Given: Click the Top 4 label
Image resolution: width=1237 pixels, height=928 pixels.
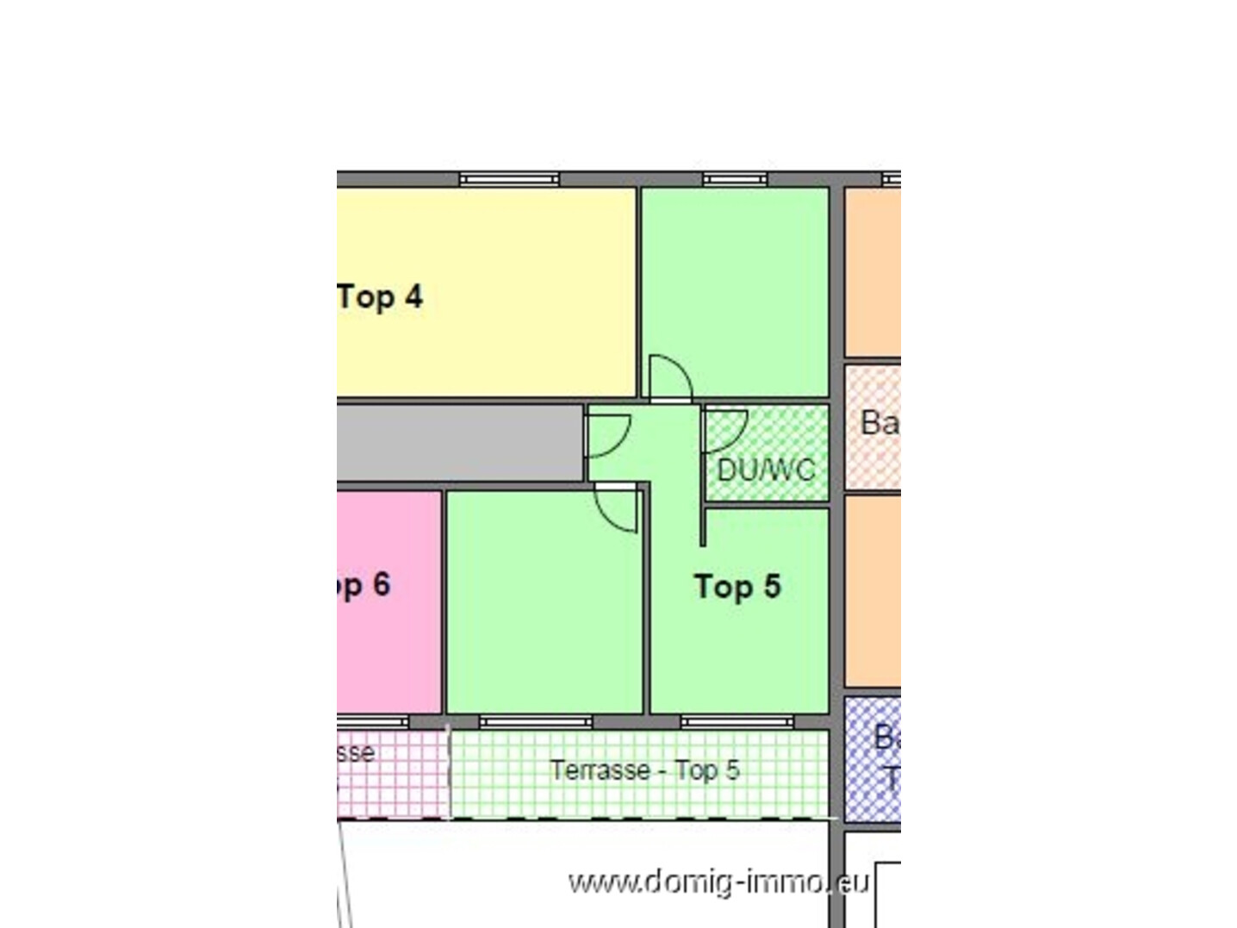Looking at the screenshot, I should point(380,296).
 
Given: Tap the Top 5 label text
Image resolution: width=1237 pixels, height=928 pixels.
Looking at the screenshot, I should point(737,587).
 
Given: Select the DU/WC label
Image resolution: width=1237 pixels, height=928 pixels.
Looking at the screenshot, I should point(765,470).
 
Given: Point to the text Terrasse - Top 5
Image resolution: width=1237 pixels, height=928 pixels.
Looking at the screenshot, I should point(644,769).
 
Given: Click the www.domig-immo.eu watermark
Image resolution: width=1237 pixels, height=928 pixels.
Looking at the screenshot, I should point(718,881).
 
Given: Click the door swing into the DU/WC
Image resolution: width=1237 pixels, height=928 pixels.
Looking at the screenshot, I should point(724,430).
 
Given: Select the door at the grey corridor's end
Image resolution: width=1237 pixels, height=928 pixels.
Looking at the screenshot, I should point(607,436).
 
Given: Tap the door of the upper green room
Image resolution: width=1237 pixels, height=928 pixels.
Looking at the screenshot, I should point(670,378).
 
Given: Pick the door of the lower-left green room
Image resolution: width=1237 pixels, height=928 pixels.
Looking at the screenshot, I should point(616,508).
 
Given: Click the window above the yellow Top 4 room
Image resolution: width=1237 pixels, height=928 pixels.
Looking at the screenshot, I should point(509,179).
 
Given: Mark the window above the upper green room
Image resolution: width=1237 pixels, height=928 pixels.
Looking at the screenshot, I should point(734,179).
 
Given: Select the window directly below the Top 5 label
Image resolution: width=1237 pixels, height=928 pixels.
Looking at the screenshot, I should point(737,721).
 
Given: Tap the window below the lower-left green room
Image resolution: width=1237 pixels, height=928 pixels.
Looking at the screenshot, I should point(535,721).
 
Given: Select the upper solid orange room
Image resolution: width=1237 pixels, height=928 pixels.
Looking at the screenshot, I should point(873,271).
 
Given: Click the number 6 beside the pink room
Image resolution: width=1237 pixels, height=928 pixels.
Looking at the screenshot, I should point(382,585).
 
